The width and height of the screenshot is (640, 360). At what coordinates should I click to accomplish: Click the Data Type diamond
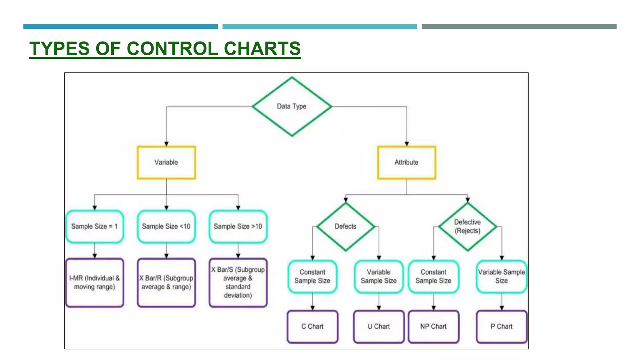[x=292, y=106]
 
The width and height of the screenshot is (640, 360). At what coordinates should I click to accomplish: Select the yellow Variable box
[x=166, y=162]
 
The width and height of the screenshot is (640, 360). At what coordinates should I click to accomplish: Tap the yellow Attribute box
[x=406, y=162]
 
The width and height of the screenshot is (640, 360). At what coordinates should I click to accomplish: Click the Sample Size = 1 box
[x=94, y=226]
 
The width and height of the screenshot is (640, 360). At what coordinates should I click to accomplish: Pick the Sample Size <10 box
[x=166, y=226]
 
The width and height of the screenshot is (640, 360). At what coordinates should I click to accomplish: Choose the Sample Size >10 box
[x=238, y=226]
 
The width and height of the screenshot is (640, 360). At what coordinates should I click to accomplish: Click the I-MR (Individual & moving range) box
[x=94, y=282]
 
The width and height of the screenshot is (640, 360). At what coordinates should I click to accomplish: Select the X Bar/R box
[x=166, y=282]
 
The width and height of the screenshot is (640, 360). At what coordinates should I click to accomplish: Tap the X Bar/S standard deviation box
[x=238, y=282]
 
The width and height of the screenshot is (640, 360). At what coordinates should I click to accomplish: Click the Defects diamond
[x=345, y=226]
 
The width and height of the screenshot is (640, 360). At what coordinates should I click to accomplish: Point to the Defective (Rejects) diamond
[x=467, y=226]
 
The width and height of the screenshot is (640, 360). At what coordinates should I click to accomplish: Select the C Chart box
[x=312, y=326]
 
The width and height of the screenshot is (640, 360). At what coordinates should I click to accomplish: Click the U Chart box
[x=379, y=326]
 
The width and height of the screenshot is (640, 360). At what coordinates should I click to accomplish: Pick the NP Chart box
[x=433, y=326]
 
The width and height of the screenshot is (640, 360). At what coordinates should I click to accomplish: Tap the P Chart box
[x=502, y=326]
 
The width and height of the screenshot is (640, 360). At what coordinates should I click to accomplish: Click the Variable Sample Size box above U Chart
[x=379, y=277]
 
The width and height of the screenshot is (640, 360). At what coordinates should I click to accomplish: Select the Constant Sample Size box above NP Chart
[x=433, y=277]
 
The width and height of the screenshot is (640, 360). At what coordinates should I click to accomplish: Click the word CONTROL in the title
[x=172, y=49]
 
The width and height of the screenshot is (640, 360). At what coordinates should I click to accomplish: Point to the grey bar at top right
[x=519, y=27]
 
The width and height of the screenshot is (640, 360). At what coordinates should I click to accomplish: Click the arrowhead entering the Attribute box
[x=407, y=144]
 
